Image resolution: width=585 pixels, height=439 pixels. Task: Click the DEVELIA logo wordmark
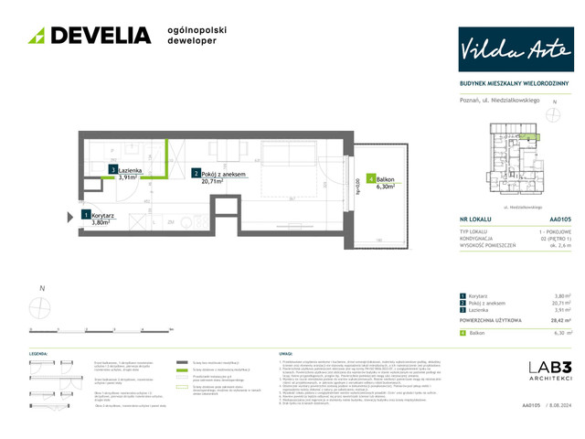coord(90,36)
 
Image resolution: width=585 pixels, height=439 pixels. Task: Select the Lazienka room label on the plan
coord(128,170)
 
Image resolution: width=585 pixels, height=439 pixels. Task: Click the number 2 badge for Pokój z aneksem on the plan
coord(196,172)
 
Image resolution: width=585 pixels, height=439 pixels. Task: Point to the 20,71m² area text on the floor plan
coord(212,181)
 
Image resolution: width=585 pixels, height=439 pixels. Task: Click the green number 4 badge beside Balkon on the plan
coord(369,179)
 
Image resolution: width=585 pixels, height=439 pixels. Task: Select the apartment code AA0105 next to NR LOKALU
coord(560,220)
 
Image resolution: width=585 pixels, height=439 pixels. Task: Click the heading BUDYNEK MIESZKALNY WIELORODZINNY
coord(513,84)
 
